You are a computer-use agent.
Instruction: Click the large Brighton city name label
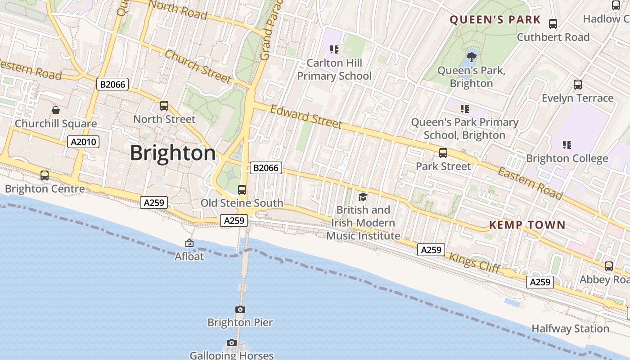pos(173,153)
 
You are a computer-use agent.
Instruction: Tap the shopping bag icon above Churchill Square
pos(56,110)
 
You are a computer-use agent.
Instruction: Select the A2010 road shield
pos(83,142)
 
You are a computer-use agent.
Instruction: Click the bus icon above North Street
pos(164,106)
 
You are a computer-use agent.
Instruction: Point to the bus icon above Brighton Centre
pos(45,175)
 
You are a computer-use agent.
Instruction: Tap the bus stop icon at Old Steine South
pos(242,190)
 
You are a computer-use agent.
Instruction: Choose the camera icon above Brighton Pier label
pos(240,309)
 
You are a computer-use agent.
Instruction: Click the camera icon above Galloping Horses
pos(232,343)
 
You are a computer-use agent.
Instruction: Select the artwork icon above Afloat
pos(189,243)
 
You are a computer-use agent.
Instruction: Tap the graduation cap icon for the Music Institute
pos(363,197)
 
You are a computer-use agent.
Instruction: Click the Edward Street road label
pos(306,117)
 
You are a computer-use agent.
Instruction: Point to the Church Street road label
pos(198,67)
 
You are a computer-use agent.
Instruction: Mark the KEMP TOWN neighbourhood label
pos(527,225)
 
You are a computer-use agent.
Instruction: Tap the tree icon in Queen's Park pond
pos(471,57)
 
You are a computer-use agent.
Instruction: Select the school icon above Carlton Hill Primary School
pos(334,49)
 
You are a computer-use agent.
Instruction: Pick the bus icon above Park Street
pos(443,153)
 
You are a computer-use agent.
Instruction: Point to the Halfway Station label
pos(570,329)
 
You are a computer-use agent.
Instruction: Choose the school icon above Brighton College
pos(567,145)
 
